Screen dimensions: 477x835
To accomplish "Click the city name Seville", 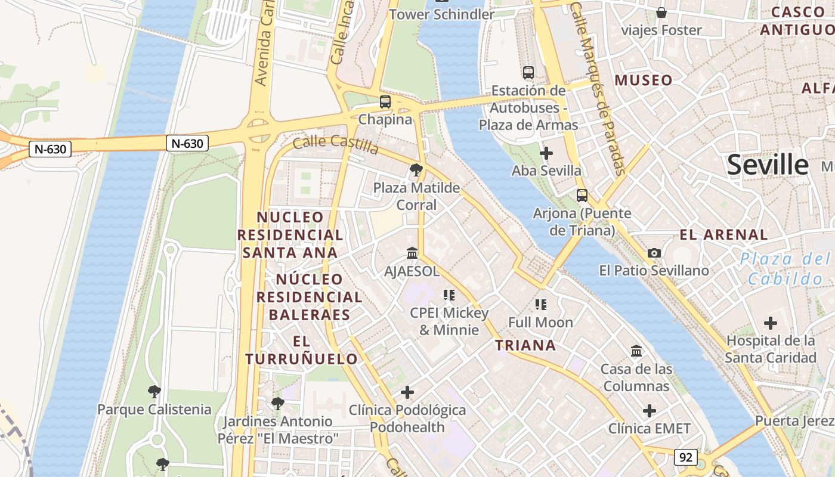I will coord(768,165).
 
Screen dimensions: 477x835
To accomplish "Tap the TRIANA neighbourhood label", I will coord(525,345).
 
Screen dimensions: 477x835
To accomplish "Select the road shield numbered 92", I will coord(686,457).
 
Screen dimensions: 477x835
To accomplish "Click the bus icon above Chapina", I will coord(385,102).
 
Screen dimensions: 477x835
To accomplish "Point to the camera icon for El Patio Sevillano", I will coord(654,253).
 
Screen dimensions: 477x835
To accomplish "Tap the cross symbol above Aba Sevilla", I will coord(546,153).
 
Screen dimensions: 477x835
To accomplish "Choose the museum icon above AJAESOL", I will coord(412,253).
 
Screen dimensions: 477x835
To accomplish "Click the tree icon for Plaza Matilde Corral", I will coord(416,171).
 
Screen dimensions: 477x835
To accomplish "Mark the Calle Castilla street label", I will coord(336,144).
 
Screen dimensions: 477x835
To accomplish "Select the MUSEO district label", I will coord(644,80).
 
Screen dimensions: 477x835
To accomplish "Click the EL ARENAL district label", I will coord(724,234).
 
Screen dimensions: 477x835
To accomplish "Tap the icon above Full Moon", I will coord(541,305).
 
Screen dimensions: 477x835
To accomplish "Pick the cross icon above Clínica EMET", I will coord(650,411).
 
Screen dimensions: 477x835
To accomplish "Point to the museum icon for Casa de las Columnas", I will coord(636,351).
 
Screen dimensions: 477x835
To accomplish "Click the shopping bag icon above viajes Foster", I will coord(661,13).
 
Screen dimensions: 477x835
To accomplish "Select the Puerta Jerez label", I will coord(794,421).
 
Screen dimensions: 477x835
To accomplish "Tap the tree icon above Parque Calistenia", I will coord(154,392).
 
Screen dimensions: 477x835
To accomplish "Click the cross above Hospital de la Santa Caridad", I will coord(771,323).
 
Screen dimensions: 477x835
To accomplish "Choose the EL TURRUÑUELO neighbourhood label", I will coord(301,350).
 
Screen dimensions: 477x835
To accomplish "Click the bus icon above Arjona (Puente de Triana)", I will coord(582,196).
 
